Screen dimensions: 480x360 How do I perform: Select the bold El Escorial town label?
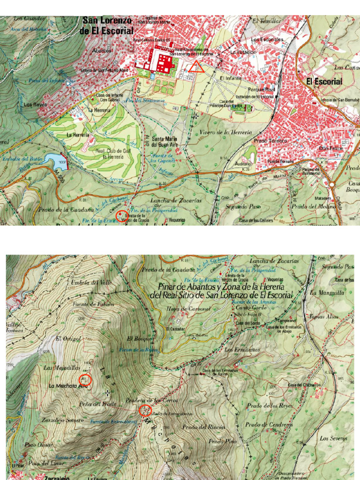324,82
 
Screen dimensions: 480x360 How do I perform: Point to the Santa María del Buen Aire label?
166,141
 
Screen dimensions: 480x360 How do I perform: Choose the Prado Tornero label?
270,140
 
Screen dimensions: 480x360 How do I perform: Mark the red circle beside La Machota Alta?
86,380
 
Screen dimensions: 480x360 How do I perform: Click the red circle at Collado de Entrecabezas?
145,411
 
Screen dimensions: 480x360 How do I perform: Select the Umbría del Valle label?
85,282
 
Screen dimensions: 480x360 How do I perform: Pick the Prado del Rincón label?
203,427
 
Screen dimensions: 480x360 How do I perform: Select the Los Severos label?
333,438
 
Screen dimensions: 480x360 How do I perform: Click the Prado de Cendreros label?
269,424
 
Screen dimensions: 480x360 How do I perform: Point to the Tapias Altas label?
324,316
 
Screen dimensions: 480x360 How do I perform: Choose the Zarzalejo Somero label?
60,420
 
